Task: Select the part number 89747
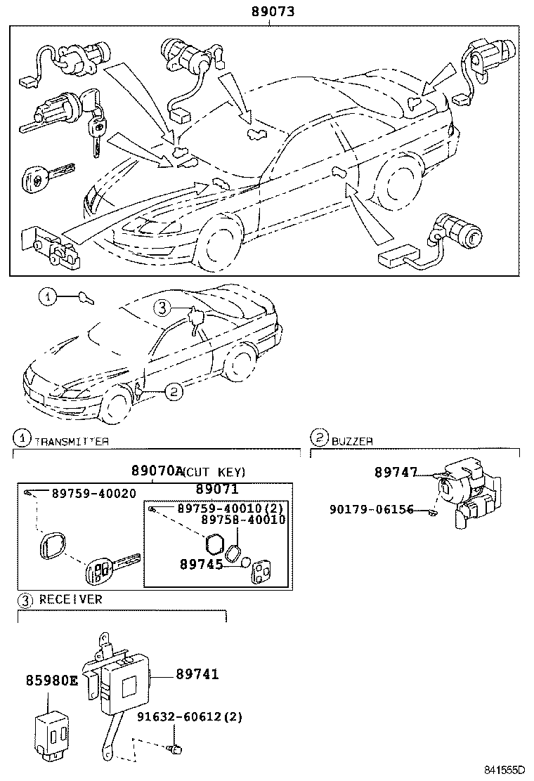(x=395, y=474)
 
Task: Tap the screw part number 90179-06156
(x=382, y=511)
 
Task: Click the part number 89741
(x=197, y=674)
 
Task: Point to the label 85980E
(x=52, y=681)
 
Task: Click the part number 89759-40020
(x=93, y=494)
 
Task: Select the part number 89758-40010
(x=243, y=520)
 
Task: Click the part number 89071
(x=217, y=489)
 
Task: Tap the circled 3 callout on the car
(x=162, y=307)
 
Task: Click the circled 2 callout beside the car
(x=174, y=393)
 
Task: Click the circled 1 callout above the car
(x=47, y=298)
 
